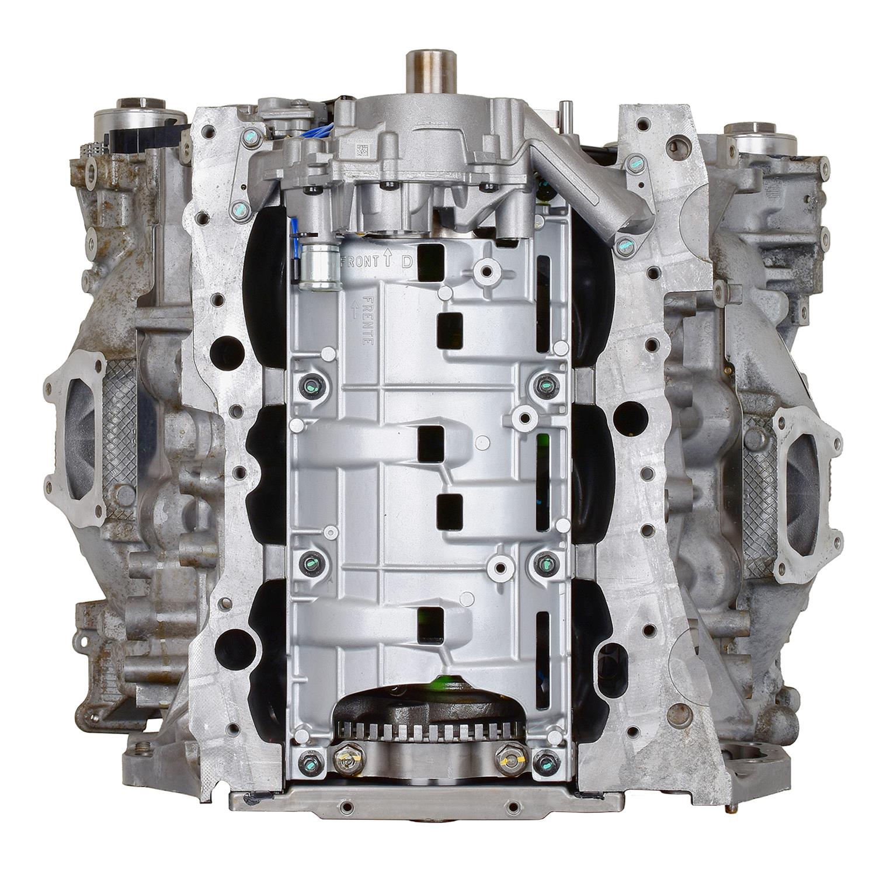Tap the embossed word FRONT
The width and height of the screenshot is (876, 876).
(x=360, y=261)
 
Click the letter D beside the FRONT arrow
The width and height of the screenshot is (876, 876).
(x=407, y=262)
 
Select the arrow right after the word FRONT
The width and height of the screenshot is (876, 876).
(x=387, y=260)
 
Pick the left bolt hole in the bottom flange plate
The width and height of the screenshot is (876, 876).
(x=348, y=807)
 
